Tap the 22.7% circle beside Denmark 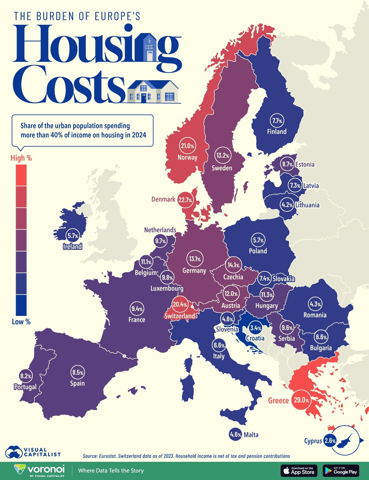pyautogui.click(x=185, y=200)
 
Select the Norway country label pyautogui.click(x=187, y=157)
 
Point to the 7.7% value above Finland pyautogui.click(x=277, y=121)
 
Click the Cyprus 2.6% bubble pyautogui.click(x=330, y=441)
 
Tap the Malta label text pyautogui.click(x=251, y=435)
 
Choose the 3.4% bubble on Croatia pyautogui.click(x=256, y=328)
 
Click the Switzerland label pyautogui.click(x=180, y=316)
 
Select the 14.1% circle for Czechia pyautogui.click(x=233, y=265)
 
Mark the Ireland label pyautogui.click(x=72, y=246)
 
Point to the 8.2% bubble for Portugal pyautogui.click(x=26, y=376)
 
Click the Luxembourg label pyautogui.click(x=167, y=288)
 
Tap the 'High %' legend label pyautogui.click(x=21, y=158)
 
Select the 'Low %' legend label pyautogui.click(x=21, y=322)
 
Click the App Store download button pyautogui.click(x=299, y=470)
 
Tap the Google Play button pyautogui.click(x=341, y=470)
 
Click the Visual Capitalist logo pyautogui.click(x=32, y=452)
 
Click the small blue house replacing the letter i pyautogui.click(x=150, y=47)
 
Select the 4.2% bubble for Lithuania pyautogui.click(x=287, y=205)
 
